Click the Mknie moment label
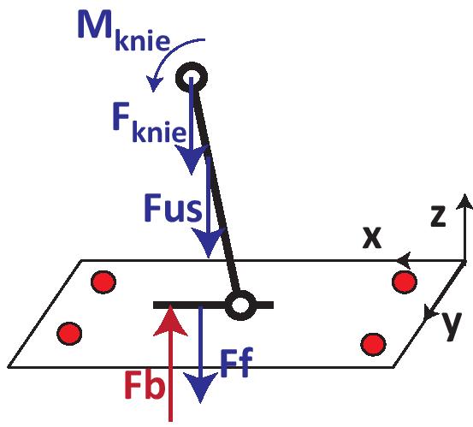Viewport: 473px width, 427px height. tap(124, 32)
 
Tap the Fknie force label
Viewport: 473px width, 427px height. tap(150, 122)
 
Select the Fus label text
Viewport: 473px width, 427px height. tap(173, 208)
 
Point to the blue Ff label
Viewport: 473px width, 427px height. tap(236, 363)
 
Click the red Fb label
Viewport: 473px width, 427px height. tap(145, 386)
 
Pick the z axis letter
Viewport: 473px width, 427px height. tap(438, 216)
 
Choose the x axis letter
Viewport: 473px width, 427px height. tap(372, 238)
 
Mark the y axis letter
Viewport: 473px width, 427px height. tap(452, 326)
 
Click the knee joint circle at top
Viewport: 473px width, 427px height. tap(192, 77)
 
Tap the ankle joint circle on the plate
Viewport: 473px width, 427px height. tap(240, 305)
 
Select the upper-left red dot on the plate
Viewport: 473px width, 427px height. tap(103, 282)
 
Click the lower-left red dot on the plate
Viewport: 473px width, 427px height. tap(69, 334)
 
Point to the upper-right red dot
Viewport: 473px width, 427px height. tap(405, 282)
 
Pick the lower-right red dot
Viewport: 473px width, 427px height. tap(374, 344)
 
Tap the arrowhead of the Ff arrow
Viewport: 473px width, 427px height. tap(201, 387)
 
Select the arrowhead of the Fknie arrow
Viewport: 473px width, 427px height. tap(192, 159)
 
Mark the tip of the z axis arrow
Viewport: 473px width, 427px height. tap(464, 195)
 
